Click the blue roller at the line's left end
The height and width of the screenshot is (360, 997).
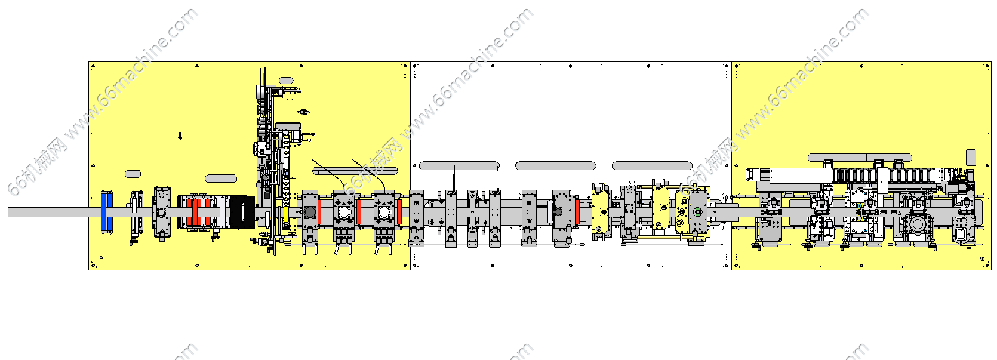pyautogui.click(x=107, y=212)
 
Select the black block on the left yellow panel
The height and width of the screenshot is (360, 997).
pyautogui.click(x=242, y=212)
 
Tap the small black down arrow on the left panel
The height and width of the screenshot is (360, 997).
pyautogui.click(x=180, y=136)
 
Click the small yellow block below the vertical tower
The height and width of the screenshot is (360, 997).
pyautogui.click(x=286, y=214)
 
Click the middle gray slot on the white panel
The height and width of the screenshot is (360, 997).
pyautogui.click(x=555, y=165)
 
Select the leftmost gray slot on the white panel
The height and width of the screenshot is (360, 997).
pyautogui.click(x=459, y=165)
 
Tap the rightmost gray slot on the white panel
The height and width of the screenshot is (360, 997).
pyautogui.click(x=652, y=165)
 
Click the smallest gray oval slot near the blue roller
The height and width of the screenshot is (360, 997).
pyautogui.click(x=133, y=173)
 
